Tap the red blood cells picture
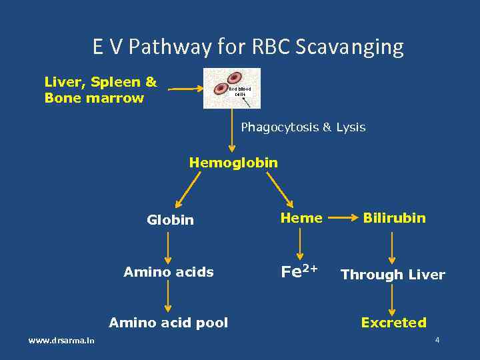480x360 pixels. (x=232, y=88)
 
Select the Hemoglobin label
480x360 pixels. (x=233, y=162)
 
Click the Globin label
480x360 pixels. (x=170, y=219)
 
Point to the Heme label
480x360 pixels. (x=301, y=218)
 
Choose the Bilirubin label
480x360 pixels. (x=394, y=218)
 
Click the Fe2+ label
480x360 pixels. (x=299, y=271)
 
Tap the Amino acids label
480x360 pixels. (x=169, y=272)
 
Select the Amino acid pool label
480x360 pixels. (x=168, y=323)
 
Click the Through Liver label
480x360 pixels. (x=393, y=274)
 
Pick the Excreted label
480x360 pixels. (x=393, y=323)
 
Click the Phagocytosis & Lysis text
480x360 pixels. (x=303, y=127)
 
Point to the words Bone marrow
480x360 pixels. (x=94, y=98)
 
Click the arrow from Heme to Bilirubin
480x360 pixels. (x=342, y=217)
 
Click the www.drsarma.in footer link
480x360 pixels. (x=61, y=341)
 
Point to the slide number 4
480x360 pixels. (x=437, y=340)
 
